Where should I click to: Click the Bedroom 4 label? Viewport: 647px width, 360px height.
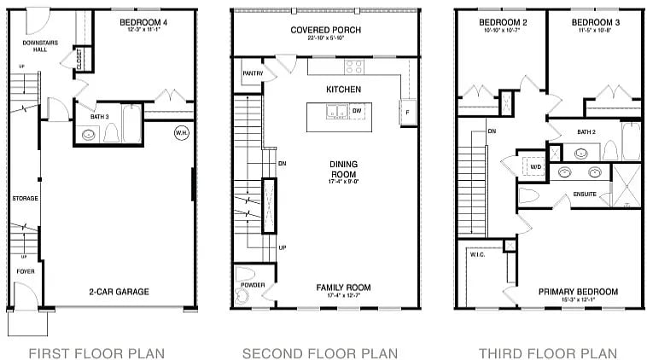pyautogui.click(x=143, y=21)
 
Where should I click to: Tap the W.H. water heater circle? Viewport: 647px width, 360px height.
pyautogui.click(x=181, y=132)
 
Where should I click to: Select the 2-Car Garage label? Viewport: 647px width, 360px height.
pyautogui.click(x=119, y=292)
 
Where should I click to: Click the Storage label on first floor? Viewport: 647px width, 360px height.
pyautogui.click(x=25, y=198)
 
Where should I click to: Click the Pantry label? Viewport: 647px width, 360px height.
pyautogui.click(x=252, y=73)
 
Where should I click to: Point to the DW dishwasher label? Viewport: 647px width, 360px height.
pyautogui.click(x=357, y=111)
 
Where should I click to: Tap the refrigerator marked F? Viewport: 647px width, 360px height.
pyautogui.click(x=406, y=112)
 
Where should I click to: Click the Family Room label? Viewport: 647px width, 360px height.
pyautogui.click(x=343, y=287)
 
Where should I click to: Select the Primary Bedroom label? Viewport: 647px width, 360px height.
pyautogui.click(x=578, y=292)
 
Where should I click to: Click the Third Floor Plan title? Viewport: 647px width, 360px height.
pyautogui.click(x=547, y=352)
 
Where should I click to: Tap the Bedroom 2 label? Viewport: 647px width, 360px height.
pyautogui.click(x=499, y=21)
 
